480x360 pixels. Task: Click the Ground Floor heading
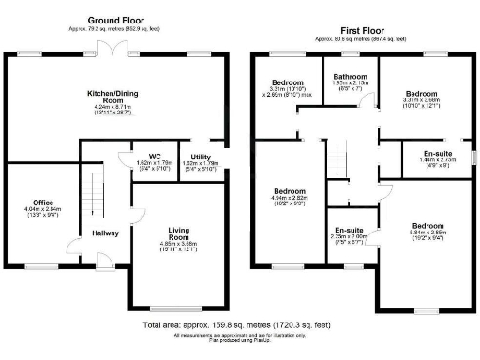tap(116, 20)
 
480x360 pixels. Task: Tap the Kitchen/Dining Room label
tap(115, 97)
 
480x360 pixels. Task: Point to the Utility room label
tap(200, 156)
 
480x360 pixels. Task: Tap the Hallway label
tap(105, 232)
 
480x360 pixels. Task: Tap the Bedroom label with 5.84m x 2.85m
tap(427, 226)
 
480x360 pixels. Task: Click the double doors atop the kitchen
tap(114, 48)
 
